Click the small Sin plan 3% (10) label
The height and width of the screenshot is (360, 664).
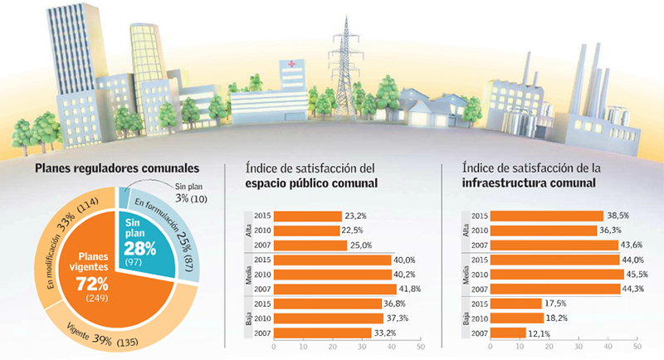coord(191,196)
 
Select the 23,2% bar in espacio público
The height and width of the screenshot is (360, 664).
coord(306,216)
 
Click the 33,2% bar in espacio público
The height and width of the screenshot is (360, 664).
coord(322,333)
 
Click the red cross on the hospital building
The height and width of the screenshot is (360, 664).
coord(291,64)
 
